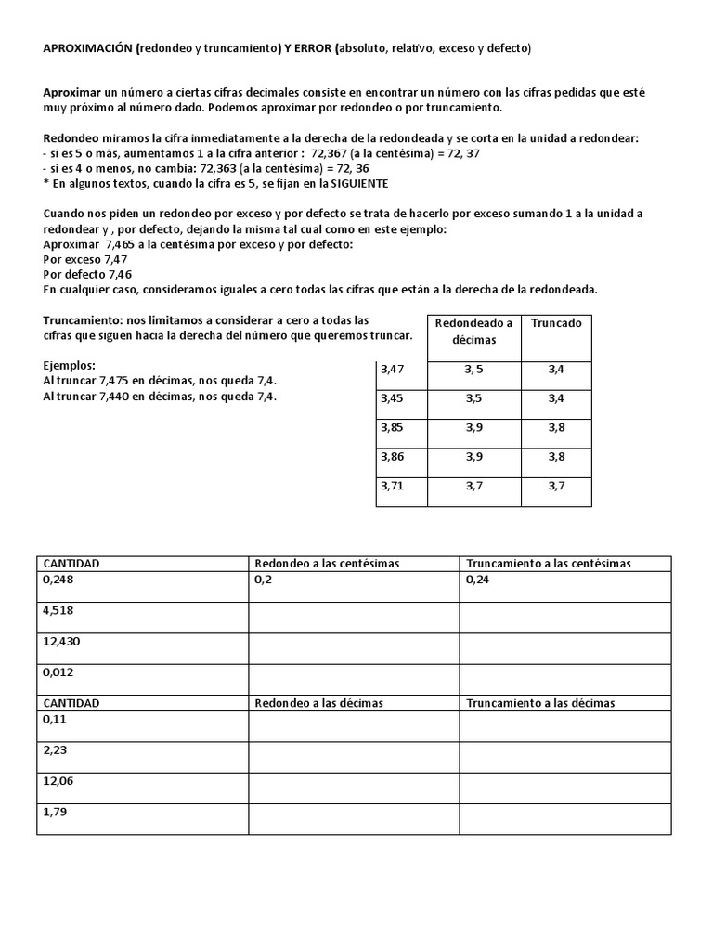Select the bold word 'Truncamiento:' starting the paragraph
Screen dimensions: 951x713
point(83,319)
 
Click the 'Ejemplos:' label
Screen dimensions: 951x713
point(70,366)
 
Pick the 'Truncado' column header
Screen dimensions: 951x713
point(556,323)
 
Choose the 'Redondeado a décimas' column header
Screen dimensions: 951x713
point(473,332)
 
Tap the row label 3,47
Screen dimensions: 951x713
point(394,370)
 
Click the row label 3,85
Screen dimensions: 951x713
point(394,428)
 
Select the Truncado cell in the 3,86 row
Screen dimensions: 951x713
point(556,457)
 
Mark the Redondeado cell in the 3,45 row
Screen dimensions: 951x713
point(473,399)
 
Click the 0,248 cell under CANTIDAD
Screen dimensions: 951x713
point(58,579)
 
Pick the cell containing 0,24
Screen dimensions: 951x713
point(477,579)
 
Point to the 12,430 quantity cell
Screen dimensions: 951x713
point(61,641)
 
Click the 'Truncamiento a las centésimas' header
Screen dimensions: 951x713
point(548,564)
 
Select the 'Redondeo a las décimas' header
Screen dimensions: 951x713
point(318,703)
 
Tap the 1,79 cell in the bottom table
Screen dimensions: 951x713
point(55,812)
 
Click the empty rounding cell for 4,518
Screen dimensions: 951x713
point(353,617)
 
